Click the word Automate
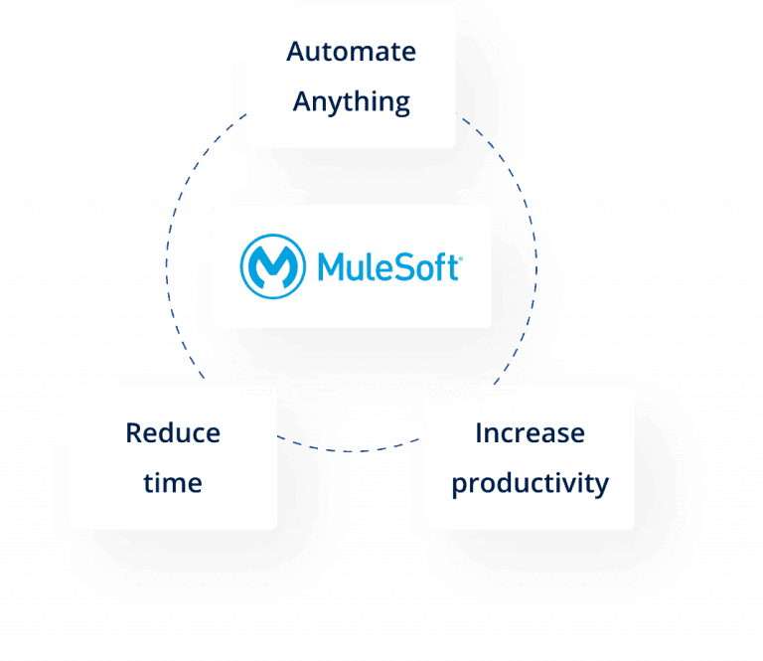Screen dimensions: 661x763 tap(351, 52)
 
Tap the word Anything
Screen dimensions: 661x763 tap(351, 102)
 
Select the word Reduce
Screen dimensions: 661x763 tap(173, 433)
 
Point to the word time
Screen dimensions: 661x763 tap(173, 484)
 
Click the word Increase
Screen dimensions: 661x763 tap(530, 433)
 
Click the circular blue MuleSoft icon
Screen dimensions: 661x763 tap(273, 265)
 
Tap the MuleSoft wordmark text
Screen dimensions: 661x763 tap(386, 266)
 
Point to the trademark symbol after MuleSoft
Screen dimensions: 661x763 tap(458, 256)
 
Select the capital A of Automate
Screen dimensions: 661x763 tap(295, 52)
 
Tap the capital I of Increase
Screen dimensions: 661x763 tap(479, 433)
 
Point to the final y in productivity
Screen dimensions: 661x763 tap(601, 488)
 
